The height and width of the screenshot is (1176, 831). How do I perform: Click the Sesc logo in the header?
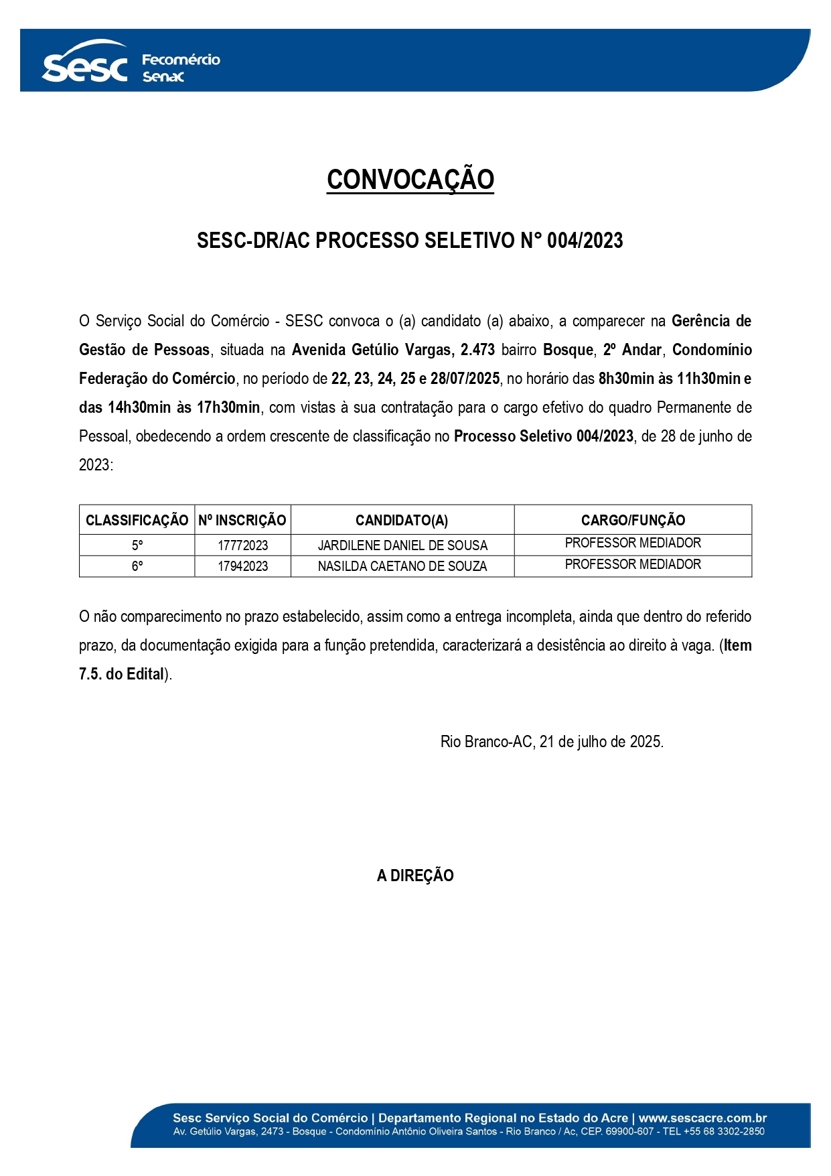click(84, 64)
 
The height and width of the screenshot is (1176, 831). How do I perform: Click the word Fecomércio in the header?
click(181, 60)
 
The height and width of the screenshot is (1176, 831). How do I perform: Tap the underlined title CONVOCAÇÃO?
click(410, 180)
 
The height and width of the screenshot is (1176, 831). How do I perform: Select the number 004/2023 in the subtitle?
click(585, 241)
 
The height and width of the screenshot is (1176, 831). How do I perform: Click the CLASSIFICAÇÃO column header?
click(137, 520)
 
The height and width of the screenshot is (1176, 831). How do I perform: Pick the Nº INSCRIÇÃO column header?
click(242, 520)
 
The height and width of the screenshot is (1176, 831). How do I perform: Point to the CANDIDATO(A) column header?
click(402, 520)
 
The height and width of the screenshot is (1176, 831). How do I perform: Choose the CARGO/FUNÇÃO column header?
click(633, 520)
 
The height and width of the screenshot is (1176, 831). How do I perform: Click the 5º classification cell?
click(137, 545)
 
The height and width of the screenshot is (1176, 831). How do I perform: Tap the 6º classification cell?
click(137, 566)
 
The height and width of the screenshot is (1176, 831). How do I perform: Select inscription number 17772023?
click(242, 545)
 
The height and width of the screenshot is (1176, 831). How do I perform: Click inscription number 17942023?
click(242, 566)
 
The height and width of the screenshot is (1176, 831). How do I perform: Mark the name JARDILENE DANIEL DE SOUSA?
click(402, 545)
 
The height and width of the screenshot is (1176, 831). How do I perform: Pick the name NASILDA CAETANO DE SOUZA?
click(402, 566)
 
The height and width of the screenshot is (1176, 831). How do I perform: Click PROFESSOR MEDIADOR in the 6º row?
click(633, 564)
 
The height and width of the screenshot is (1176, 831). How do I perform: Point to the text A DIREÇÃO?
click(415, 875)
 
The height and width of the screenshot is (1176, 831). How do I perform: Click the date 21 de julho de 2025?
click(601, 742)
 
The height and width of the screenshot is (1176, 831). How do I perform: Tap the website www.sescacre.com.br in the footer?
click(702, 1118)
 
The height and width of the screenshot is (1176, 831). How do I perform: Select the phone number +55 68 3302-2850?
click(724, 1131)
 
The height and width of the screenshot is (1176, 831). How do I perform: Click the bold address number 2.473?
click(477, 350)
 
